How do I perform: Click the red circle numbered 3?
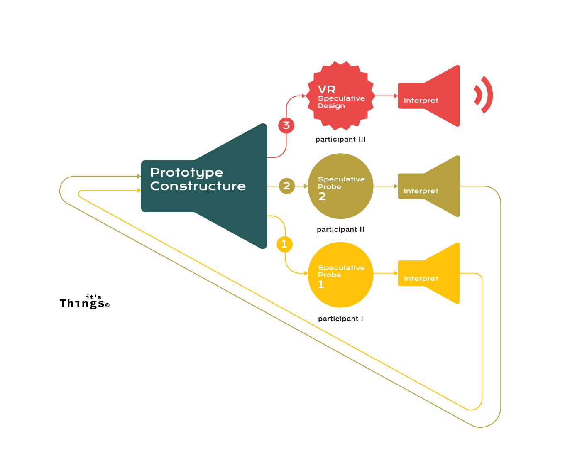tap(286, 125)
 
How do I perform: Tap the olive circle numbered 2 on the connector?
tap(286, 186)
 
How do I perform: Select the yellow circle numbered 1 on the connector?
tap(284, 244)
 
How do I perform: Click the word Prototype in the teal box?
tap(186, 173)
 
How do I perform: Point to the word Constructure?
tap(198, 186)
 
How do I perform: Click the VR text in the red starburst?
tap(326, 90)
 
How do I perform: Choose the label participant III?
tap(340, 140)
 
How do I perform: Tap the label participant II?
tap(340, 230)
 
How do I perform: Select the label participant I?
tap(340, 319)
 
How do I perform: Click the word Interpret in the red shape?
tap(421, 101)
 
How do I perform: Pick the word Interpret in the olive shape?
tap(421, 191)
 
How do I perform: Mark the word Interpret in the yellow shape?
tap(421, 279)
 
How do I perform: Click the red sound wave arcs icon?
tap(483, 95)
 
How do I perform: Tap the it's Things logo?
tap(84, 302)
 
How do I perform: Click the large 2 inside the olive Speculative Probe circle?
tap(322, 196)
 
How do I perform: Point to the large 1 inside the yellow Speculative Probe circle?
tap(321, 284)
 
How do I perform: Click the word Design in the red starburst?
tap(331, 106)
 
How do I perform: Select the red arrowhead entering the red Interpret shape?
tap(396, 96)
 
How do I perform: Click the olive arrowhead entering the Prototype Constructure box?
tap(139, 177)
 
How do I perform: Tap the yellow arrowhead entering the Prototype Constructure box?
tap(139, 191)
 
